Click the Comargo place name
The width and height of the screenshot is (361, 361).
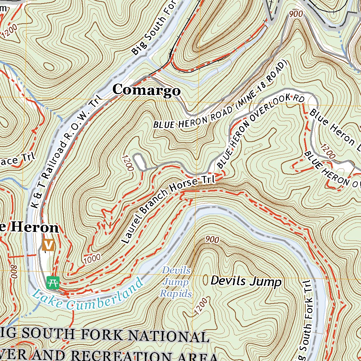point(146,90)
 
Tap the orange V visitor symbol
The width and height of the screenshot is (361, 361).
point(48,244)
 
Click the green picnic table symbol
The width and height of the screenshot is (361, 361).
point(53,282)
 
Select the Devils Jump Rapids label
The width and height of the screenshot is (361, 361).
point(176,282)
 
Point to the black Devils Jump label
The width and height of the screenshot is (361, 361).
point(246,281)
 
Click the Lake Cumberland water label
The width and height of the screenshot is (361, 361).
point(88,295)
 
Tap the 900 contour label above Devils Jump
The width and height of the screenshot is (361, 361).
point(212,240)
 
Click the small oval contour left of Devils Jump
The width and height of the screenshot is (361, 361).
point(206,280)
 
